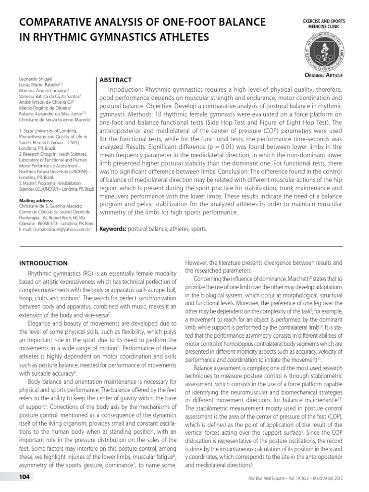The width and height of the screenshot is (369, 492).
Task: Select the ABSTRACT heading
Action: [115, 79]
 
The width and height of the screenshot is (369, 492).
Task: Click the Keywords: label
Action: [112, 229]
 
